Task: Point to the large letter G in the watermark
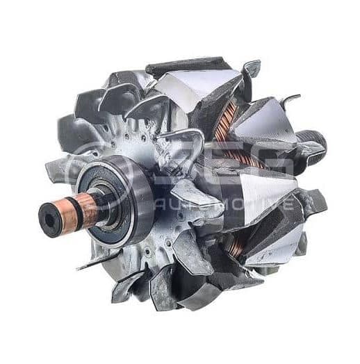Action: [x=268, y=167]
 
